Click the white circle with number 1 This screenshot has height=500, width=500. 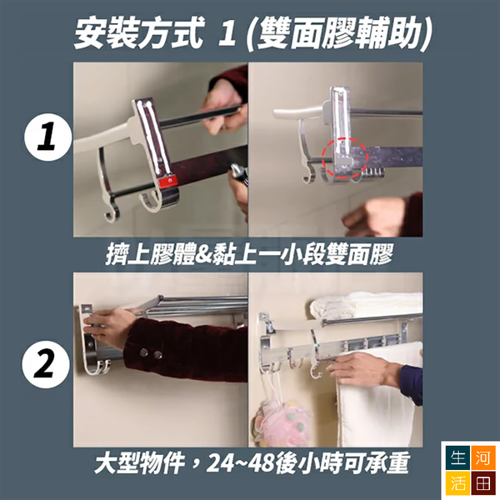(x=47, y=137)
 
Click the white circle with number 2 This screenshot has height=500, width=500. (x=45, y=364)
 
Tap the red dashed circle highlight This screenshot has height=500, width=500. (x=344, y=157)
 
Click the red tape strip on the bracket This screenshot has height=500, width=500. (x=167, y=181)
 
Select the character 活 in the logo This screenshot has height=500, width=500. (x=457, y=483)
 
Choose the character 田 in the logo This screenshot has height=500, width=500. (x=482, y=483)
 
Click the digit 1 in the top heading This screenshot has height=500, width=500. (x=227, y=34)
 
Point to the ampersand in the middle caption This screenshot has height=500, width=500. (x=204, y=254)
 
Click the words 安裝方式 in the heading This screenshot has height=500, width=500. (x=138, y=34)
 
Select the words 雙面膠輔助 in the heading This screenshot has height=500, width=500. (x=339, y=34)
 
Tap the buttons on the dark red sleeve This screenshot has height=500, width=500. (x=149, y=353)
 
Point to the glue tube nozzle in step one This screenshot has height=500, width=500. (x=236, y=170)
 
